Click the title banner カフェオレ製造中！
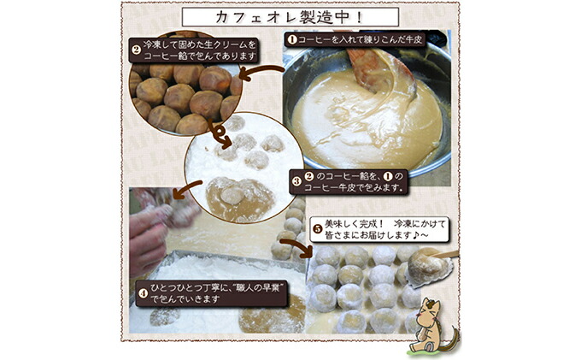tap(290, 16)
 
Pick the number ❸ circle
tap(296, 181)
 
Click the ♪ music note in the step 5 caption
tap(410, 236)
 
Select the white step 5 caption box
tap(367, 230)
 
